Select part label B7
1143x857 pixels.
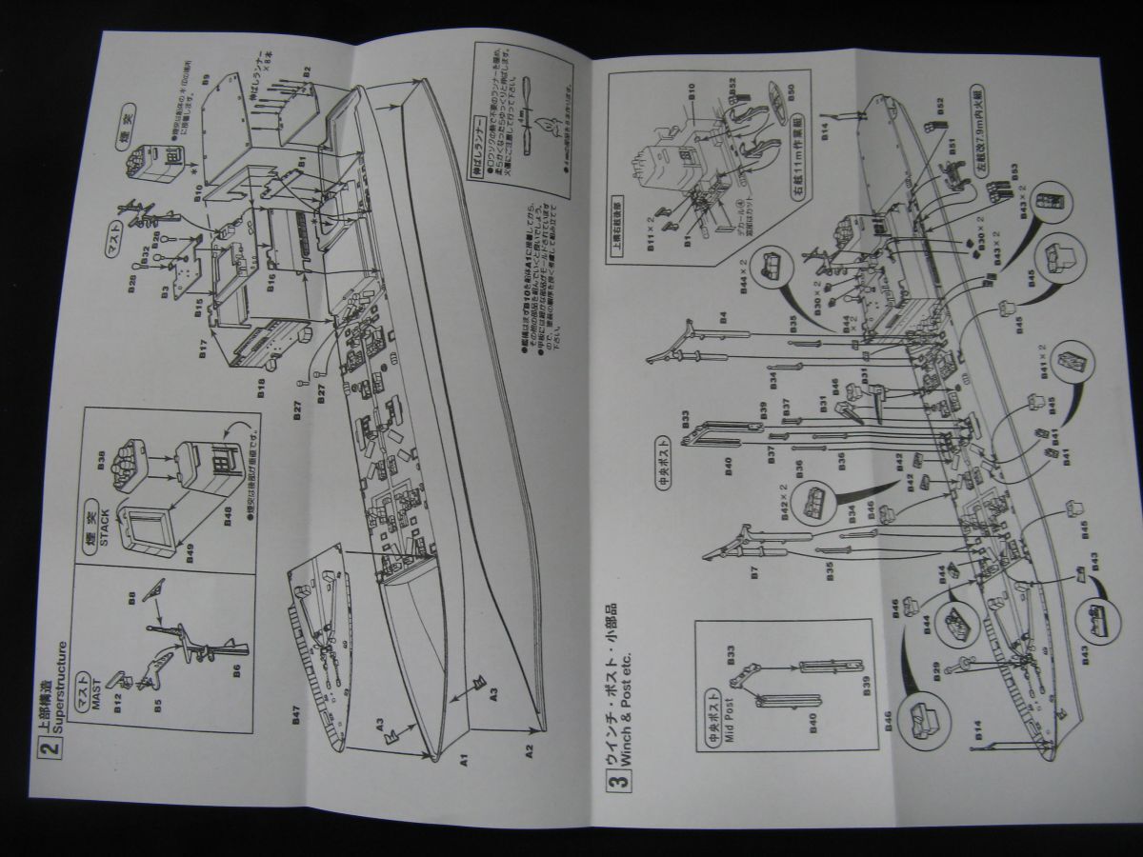click(752, 574)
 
